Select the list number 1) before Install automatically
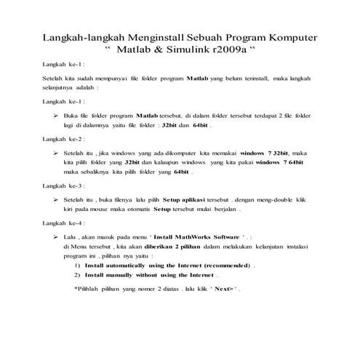pyautogui.click(x=77, y=267)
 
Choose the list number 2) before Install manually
pyautogui.click(x=77, y=276)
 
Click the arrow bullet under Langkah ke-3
pyautogui.click(x=56, y=197)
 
